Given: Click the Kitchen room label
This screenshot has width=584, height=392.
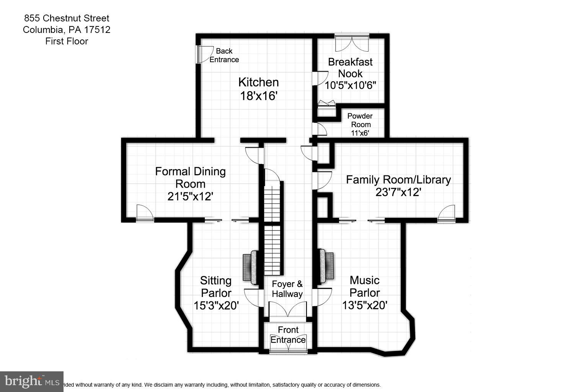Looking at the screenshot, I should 258,82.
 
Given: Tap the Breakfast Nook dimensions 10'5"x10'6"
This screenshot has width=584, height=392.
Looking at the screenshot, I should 350,85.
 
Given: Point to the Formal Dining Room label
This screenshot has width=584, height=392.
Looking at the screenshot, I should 190,177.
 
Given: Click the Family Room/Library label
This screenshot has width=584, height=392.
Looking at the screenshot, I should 398,180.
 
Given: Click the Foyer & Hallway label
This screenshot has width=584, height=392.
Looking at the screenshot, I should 287,289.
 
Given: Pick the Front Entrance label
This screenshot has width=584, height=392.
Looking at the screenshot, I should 288,335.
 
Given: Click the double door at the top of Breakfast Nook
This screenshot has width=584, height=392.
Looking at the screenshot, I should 352,43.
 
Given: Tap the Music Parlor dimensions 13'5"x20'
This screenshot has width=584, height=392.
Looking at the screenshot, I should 364,305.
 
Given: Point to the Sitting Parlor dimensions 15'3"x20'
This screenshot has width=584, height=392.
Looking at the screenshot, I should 216,305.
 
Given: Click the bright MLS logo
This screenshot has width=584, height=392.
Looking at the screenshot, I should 32,381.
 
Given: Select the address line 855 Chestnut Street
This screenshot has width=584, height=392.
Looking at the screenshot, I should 67,18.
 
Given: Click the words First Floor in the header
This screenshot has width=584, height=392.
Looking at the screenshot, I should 67,41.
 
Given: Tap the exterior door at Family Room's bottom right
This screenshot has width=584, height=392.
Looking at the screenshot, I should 447,213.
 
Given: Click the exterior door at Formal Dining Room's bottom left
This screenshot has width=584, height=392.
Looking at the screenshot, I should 145,213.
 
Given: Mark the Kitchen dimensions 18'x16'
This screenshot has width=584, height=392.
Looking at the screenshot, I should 258,96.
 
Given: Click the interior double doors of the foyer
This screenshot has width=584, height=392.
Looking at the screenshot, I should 288,309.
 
